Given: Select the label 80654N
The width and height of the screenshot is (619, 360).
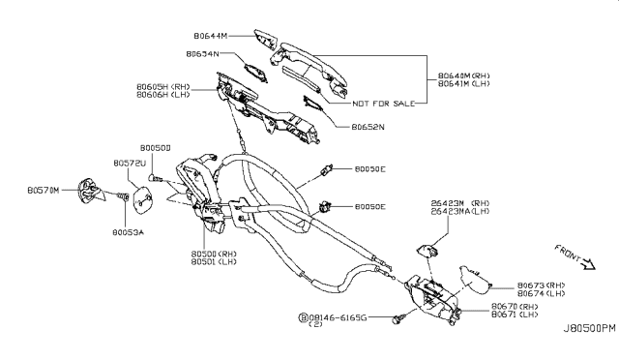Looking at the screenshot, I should [x=202, y=53].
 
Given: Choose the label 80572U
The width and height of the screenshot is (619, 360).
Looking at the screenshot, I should [x=129, y=164].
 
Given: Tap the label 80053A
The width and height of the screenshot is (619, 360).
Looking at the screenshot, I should [x=128, y=232].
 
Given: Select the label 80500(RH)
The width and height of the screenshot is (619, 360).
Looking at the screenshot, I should [x=214, y=254].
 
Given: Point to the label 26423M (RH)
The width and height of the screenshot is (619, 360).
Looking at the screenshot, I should [x=459, y=203].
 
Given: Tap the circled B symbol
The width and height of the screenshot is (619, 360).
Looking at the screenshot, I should [x=304, y=316].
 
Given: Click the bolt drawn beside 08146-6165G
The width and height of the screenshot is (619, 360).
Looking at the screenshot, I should [x=398, y=316].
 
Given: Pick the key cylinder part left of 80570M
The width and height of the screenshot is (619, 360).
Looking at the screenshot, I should [x=90, y=191].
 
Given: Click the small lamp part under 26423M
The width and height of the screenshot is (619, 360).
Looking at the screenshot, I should [x=427, y=254].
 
